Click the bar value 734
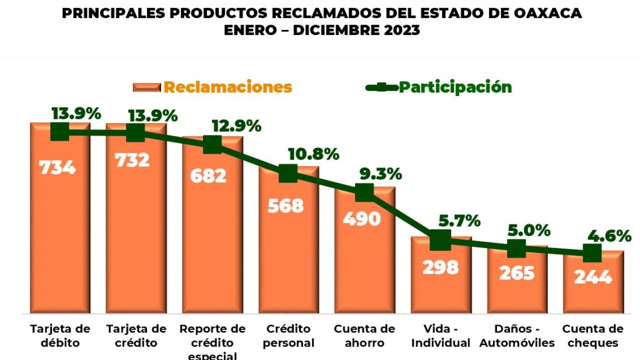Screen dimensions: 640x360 [x=57, y=167]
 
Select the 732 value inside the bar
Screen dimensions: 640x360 [x=132, y=160]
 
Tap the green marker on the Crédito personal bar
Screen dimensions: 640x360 [x=287, y=173]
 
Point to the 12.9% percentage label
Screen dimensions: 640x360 [x=236, y=126]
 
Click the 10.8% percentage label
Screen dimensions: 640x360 [x=313, y=154]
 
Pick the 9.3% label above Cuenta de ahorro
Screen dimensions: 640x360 [x=380, y=174]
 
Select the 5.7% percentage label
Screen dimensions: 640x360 [x=459, y=221]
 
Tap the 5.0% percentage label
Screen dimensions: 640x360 [x=529, y=230]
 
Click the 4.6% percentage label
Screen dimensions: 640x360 [x=609, y=236]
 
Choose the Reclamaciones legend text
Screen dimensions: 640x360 [x=228, y=87]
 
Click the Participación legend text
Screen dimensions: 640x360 [x=455, y=87]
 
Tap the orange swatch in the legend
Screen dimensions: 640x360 [x=147, y=87]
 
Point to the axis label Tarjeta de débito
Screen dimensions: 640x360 [x=60, y=335]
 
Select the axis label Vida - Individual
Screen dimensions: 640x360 [x=440, y=335]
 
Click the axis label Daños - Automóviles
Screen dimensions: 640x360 [x=517, y=335]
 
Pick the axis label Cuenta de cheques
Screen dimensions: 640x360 [x=593, y=335]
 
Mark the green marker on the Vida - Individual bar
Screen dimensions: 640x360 [x=440, y=240]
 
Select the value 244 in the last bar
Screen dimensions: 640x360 [x=593, y=277]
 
